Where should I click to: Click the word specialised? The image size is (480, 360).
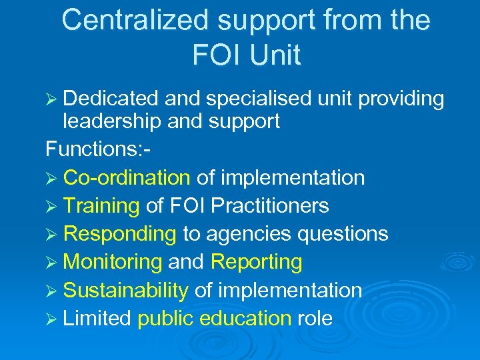click(x=257, y=99)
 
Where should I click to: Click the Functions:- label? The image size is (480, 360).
click(x=98, y=149)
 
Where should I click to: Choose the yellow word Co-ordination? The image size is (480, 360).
click(x=127, y=178)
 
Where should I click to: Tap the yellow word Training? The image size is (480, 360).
click(x=101, y=206)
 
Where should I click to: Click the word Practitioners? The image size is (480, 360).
click(x=269, y=206)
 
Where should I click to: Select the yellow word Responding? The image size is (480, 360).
click(x=119, y=234)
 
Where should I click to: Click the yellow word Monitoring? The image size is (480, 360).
click(x=113, y=262)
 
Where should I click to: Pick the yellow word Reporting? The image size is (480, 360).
click(x=256, y=262)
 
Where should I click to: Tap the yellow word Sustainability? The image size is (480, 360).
click(x=125, y=290)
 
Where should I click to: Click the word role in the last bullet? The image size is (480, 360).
click(x=315, y=319)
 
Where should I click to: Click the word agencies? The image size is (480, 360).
click(x=245, y=234)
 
